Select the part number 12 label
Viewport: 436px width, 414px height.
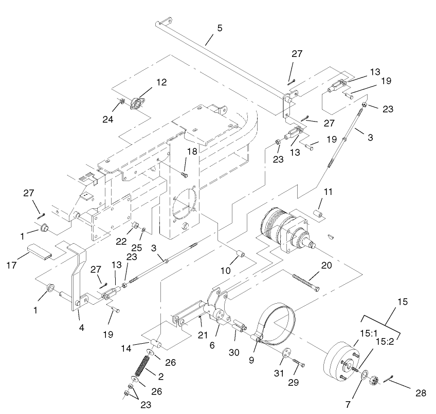point(161,82)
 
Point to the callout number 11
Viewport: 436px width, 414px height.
point(328,192)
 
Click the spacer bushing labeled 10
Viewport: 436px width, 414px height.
point(240,254)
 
